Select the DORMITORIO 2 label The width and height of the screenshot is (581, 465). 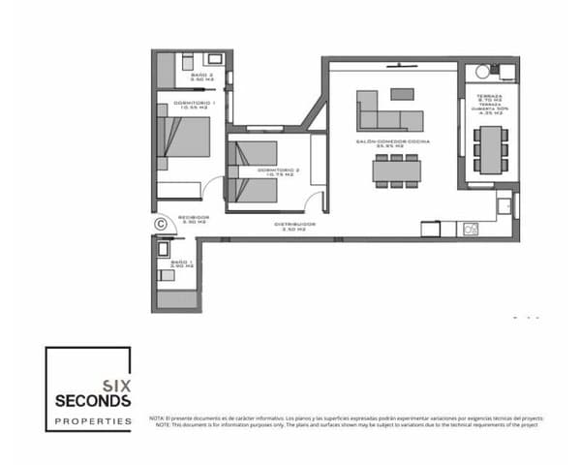point(278,170)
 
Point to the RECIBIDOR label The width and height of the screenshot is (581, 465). point(194,220)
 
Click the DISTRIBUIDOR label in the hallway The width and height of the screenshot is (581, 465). point(290,227)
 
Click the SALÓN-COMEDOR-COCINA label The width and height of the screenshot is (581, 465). point(392,142)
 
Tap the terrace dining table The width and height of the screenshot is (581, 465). point(491,145)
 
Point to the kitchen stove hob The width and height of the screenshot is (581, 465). point(472,229)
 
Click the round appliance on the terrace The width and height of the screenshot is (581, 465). point(481,73)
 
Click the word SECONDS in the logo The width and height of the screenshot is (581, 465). point(93,400)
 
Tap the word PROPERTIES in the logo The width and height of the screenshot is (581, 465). point(93,421)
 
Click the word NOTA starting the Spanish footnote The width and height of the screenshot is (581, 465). point(157,418)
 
